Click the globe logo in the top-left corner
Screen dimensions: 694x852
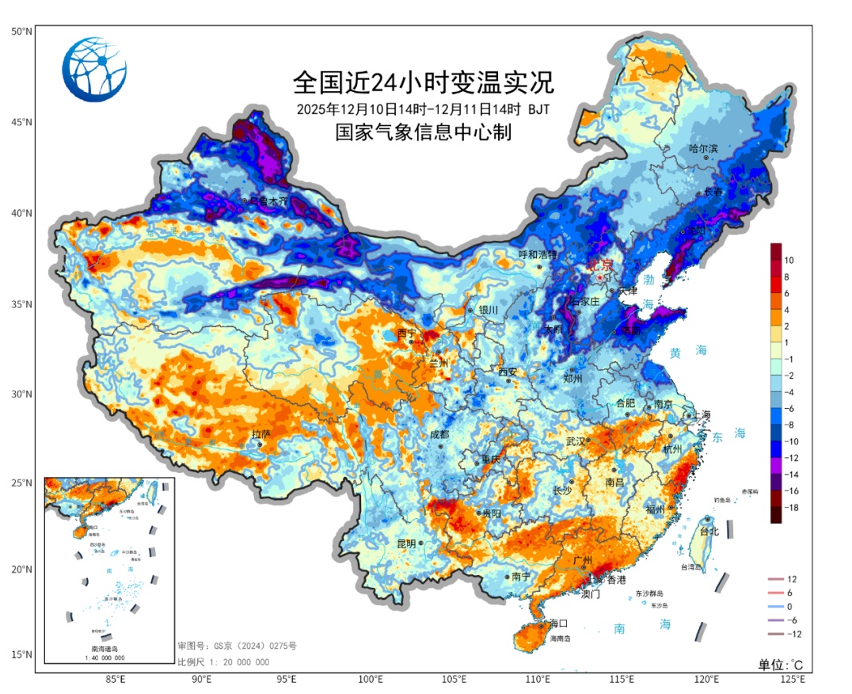(94, 70)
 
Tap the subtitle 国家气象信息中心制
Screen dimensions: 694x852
(423, 132)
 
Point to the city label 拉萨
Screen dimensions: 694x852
(261, 434)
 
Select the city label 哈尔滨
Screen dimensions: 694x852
(703, 148)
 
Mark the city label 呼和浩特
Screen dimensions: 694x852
(538, 254)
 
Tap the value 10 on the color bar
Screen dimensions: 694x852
(789, 260)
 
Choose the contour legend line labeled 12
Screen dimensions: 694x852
(772, 579)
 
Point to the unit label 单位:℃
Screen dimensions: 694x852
(781, 664)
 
